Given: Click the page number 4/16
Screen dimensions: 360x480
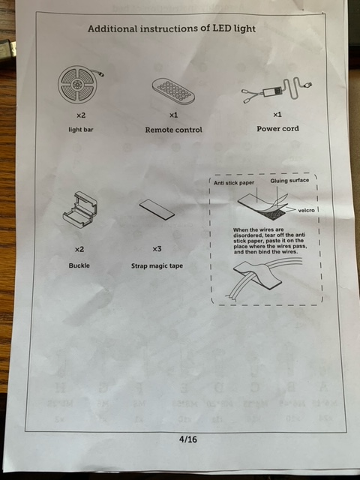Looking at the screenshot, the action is tap(188, 439).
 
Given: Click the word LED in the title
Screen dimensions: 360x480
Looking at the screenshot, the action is tap(222, 28).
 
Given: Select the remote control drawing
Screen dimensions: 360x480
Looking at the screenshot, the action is tap(173, 90).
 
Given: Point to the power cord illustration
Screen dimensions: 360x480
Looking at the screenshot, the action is tap(277, 91).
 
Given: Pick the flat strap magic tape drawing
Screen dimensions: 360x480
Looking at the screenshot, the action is tap(157, 209).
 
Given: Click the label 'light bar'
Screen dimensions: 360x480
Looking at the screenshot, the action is tap(81, 130).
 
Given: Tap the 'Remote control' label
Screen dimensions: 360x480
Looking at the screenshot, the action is tap(173, 130).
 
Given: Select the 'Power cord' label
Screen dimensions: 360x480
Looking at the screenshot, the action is tap(277, 128).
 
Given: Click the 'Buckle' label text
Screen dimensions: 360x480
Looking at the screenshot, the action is tap(79, 265).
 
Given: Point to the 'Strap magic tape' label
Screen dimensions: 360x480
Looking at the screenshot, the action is tap(157, 265).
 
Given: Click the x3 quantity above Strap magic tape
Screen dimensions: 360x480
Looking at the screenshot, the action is tap(157, 249).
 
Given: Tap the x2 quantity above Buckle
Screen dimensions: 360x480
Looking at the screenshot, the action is tap(79, 250).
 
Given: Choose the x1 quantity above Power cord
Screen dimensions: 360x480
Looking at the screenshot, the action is tap(277, 115).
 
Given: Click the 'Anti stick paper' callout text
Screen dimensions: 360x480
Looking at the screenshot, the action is tap(234, 183).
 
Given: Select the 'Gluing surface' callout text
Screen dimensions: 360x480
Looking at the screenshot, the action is tap(289, 180).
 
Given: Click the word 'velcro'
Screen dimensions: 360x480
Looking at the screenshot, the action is tap(306, 210).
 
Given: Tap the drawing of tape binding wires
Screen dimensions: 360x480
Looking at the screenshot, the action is tap(263, 277).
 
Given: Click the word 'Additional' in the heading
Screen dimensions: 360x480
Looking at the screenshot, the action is tap(112, 28).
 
